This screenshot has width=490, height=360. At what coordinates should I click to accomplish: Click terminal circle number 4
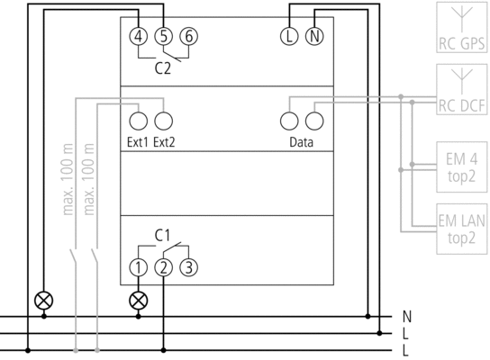pyautogui.click(x=139, y=36)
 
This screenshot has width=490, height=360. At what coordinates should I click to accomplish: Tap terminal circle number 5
pyautogui.click(x=163, y=36)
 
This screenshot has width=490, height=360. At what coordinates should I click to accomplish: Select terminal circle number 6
pyautogui.click(x=189, y=36)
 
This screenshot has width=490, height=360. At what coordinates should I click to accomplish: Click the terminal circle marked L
pyautogui.click(x=289, y=36)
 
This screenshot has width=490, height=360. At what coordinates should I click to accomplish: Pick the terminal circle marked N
pyautogui.click(x=314, y=36)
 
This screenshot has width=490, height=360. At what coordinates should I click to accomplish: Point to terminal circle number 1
pyautogui.click(x=139, y=267)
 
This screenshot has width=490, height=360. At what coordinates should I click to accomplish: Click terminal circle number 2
pyautogui.click(x=163, y=267)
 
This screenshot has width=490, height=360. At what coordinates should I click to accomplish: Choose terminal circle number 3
pyautogui.click(x=189, y=267)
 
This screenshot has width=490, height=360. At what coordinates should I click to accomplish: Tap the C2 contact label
pyautogui.click(x=163, y=68)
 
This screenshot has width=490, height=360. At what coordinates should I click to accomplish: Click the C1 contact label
pyautogui.click(x=162, y=236)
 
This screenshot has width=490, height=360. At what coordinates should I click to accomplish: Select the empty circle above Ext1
pyautogui.click(x=139, y=121)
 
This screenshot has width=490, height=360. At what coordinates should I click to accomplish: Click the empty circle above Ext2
pyautogui.click(x=163, y=121)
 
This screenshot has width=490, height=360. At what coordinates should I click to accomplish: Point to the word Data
pyautogui.click(x=301, y=142)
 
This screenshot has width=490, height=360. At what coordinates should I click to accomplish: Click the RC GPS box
pyautogui.click(x=462, y=27)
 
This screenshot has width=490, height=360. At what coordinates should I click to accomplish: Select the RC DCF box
pyautogui.click(x=462, y=89)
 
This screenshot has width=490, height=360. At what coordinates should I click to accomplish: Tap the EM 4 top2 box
pyautogui.click(x=462, y=167)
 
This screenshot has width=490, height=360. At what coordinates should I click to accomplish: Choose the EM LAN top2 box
pyautogui.click(x=462, y=229)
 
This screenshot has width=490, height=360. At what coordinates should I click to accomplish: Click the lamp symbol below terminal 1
pyautogui.click(x=139, y=301)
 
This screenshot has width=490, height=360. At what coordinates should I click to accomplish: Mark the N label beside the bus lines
pyautogui.click(x=407, y=317)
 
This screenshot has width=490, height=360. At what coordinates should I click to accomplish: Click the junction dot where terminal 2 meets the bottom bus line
pyautogui.click(x=163, y=350)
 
